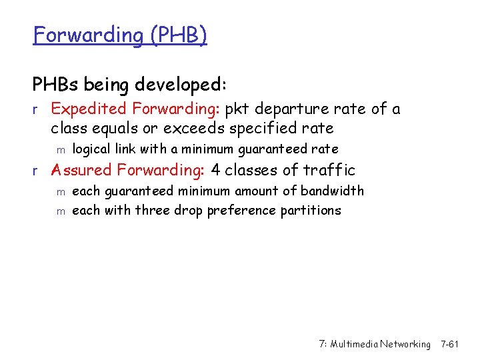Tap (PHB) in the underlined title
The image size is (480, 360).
point(178,35)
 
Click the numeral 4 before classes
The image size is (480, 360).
point(215,171)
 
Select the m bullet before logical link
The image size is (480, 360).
point(59,150)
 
